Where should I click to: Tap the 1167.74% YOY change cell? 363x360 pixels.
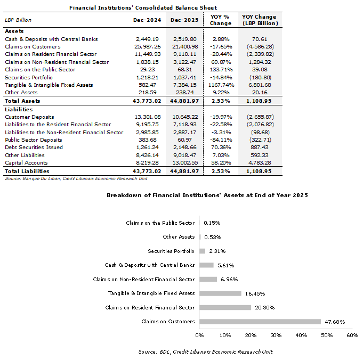221,85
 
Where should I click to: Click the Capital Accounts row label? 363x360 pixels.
26,163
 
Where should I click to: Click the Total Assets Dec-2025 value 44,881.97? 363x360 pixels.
185,101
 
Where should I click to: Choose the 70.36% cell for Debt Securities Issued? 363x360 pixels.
221,148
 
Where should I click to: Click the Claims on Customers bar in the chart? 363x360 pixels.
260,322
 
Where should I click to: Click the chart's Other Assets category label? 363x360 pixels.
179,237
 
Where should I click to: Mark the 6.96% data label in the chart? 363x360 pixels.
228,279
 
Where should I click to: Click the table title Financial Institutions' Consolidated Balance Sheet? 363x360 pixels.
143,7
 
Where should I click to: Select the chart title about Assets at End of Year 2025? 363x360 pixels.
207,195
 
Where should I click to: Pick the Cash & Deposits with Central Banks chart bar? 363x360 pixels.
207,265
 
